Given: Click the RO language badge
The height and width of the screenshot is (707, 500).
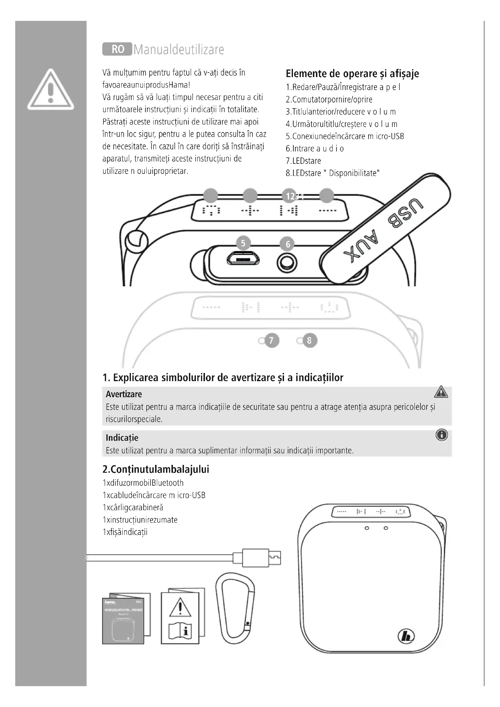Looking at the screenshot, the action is pos(117,49).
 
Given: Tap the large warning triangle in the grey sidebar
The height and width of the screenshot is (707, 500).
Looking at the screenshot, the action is pos(50,90).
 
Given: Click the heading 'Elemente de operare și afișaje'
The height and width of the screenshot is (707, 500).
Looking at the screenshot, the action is pos(352,73).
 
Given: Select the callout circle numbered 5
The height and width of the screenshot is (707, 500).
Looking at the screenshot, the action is pos(243,243).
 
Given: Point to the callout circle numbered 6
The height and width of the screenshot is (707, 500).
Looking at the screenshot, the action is pos(288,244).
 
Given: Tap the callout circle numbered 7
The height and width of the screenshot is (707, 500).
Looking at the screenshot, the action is pos(271,341).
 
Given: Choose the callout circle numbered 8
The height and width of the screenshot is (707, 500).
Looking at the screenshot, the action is pos(310,341).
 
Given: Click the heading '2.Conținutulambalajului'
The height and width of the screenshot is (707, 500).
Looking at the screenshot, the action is pos(156,470).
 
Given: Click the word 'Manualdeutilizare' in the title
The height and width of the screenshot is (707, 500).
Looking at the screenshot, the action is pos(179,50).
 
